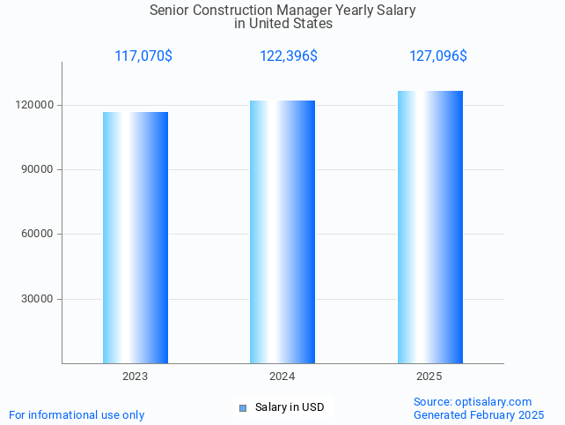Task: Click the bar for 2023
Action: (136, 237)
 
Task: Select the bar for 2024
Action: (282, 232)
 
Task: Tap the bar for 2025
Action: (429, 227)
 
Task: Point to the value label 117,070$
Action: (143, 56)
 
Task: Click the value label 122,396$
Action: (289, 56)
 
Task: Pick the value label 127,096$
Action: (438, 56)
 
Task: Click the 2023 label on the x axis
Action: (136, 377)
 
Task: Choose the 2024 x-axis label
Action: (282, 377)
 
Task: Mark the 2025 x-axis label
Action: (429, 377)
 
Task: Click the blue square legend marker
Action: (243, 407)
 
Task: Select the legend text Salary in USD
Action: (290, 407)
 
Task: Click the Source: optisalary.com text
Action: (473, 401)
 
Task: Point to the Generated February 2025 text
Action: (479, 414)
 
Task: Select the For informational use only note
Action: (77, 414)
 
